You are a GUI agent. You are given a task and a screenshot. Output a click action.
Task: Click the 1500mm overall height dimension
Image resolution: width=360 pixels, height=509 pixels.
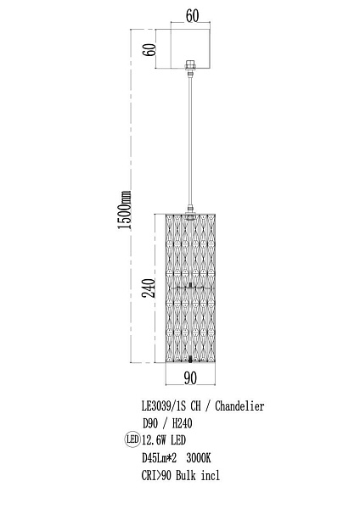click(x=125, y=210)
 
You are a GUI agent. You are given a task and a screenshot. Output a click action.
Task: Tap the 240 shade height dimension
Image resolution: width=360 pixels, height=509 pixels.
click(x=149, y=288)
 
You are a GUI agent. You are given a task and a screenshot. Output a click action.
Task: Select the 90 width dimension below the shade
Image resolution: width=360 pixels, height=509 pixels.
click(x=190, y=378)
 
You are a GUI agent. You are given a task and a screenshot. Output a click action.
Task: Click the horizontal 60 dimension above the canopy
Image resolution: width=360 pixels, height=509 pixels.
click(x=192, y=15)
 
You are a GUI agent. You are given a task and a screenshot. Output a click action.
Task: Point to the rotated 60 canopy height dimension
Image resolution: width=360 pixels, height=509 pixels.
click(x=150, y=50)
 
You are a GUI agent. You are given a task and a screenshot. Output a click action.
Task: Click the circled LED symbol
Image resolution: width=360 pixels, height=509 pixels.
click(x=132, y=439)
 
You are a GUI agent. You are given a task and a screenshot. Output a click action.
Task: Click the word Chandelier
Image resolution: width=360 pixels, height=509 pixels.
click(x=239, y=406)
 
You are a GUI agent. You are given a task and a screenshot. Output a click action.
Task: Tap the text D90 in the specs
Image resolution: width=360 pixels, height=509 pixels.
click(x=150, y=423)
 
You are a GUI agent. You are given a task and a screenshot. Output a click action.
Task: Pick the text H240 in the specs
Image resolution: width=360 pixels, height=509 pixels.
click(x=183, y=423)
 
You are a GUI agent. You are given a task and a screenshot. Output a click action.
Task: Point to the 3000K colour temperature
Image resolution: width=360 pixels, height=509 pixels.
click(x=199, y=458)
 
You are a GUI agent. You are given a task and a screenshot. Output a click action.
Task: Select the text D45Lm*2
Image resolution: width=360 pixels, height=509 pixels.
click(x=160, y=458)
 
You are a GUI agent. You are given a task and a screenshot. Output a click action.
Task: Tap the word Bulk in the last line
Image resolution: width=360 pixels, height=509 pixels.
click(x=186, y=475)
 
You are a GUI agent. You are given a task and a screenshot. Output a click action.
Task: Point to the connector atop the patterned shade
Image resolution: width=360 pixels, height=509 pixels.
click(x=189, y=210)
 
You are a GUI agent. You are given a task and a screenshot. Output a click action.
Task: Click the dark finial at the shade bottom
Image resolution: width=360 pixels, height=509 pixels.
click(x=190, y=359)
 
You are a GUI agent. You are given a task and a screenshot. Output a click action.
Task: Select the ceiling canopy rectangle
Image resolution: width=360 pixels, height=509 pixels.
click(x=191, y=49)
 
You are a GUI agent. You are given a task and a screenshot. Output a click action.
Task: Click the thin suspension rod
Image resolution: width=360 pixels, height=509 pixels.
click(x=189, y=141)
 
